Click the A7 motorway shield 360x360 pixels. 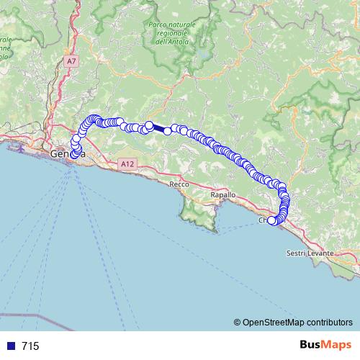point(71,62)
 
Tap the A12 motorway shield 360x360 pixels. point(127,164)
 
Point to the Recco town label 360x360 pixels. point(179,185)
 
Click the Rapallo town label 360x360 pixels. point(222,195)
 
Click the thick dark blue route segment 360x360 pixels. point(158,128)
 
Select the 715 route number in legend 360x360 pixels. point(30,346)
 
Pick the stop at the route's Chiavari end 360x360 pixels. point(272,221)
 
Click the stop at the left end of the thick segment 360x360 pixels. point(149,125)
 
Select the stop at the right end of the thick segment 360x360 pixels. point(168,131)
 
